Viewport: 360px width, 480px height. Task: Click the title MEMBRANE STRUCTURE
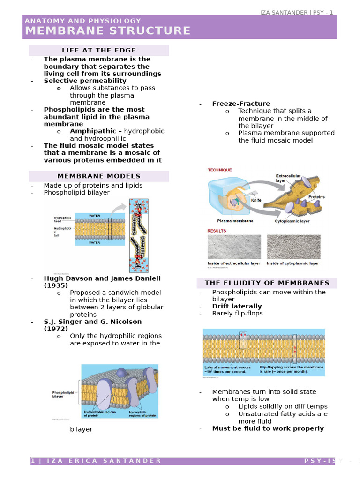point(108,31)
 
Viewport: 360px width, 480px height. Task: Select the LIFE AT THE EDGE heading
point(99,50)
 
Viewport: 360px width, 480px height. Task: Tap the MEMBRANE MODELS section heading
point(99,176)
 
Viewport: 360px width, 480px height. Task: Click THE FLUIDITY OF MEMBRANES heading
point(267,283)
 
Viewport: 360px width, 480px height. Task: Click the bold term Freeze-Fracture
point(241,104)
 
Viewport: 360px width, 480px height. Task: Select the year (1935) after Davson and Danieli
point(56,285)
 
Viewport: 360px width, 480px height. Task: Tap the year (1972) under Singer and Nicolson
point(56,329)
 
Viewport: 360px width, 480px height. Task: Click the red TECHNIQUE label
point(220,170)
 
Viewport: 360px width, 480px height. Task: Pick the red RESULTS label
point(217,231)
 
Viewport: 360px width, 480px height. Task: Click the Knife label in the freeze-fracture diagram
point(256,200)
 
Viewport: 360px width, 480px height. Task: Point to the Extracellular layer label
point(288,178)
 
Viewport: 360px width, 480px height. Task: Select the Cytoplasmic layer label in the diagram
point(292,221)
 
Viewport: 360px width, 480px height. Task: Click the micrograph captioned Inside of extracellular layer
point(234,247)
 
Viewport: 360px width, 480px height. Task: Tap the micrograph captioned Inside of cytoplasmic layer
point(293,247)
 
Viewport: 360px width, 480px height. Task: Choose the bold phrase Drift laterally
point(237,306)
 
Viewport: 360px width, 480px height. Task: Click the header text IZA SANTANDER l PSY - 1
point(297,12)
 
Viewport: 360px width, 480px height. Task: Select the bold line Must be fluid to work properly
point(268,428)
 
